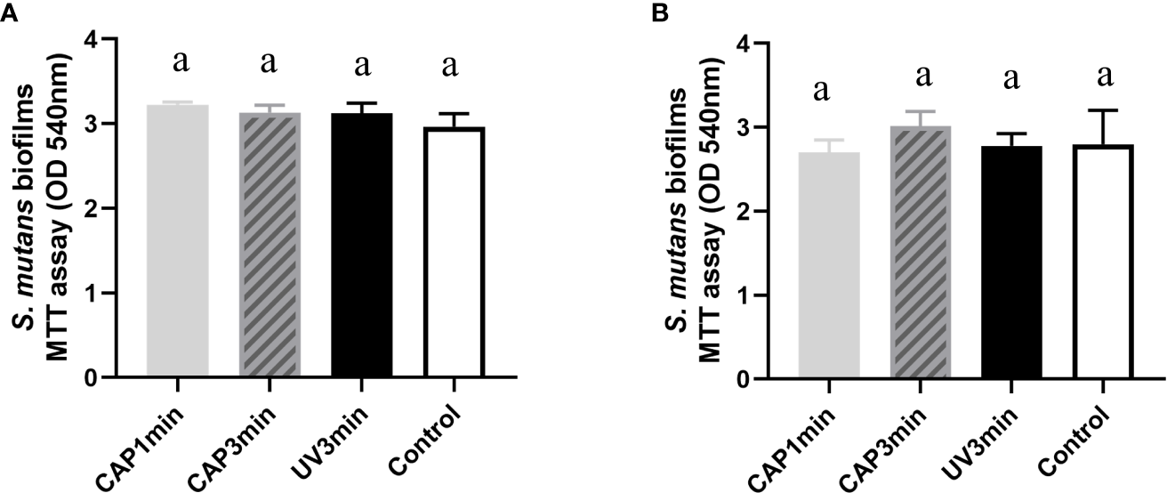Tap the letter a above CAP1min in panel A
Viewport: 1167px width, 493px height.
pyautogui.click(x=179, y=64)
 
